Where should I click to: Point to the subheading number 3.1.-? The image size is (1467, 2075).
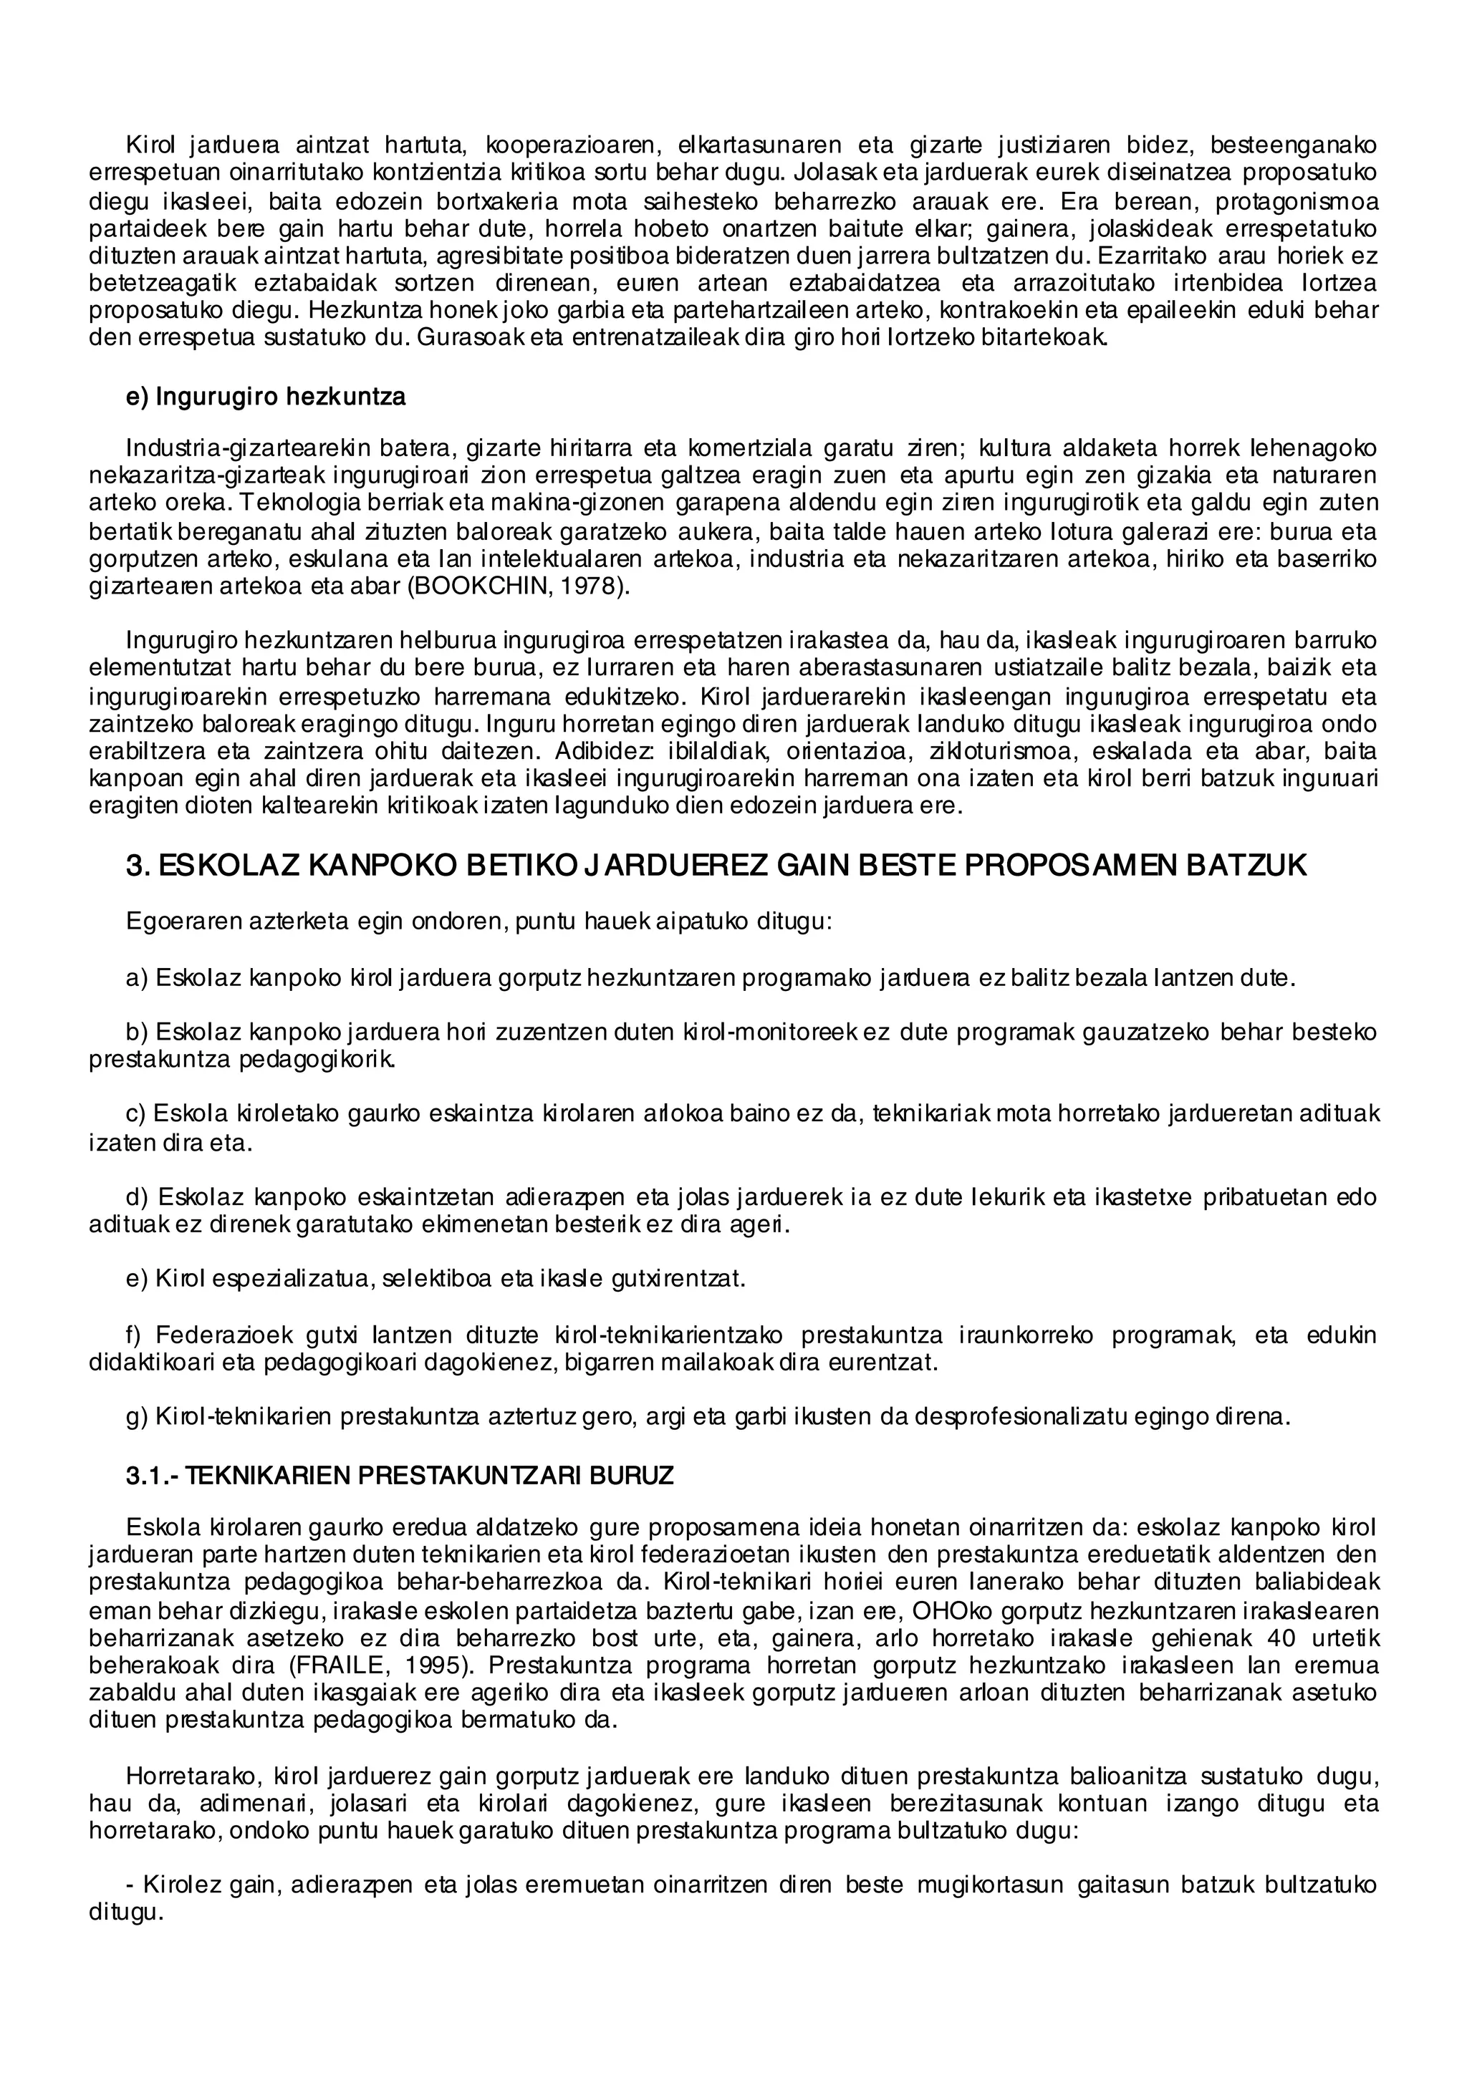(152, 1476)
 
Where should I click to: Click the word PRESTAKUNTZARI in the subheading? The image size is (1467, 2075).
(471, 1476)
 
